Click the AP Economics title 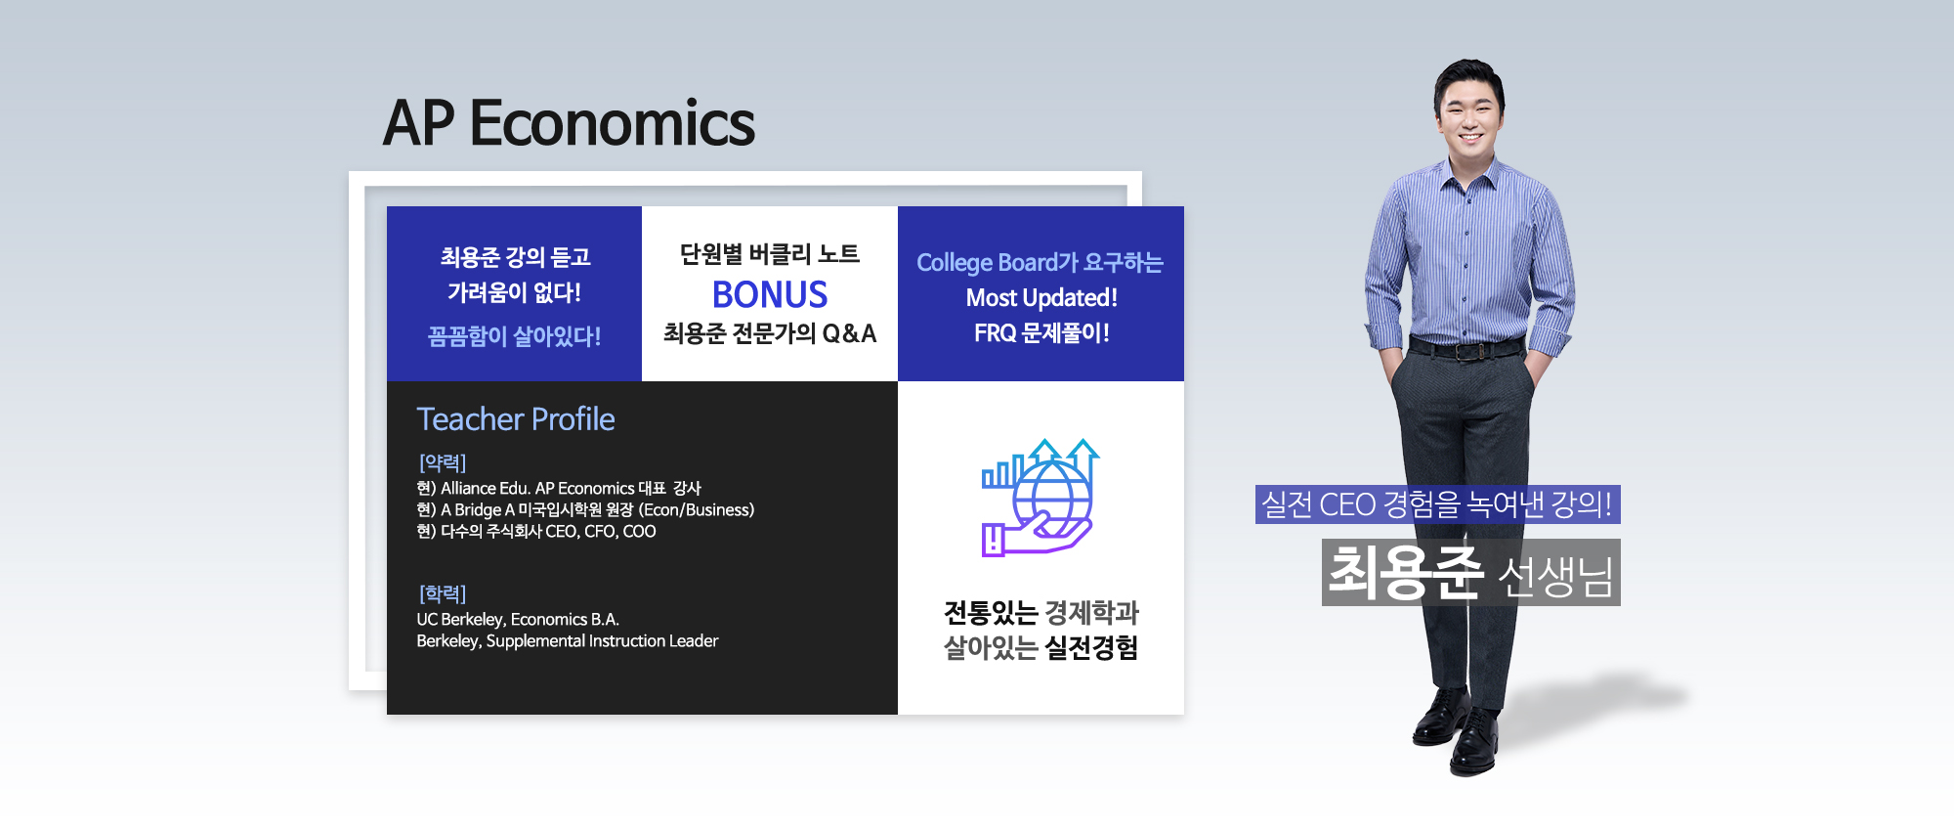[x=569, y=123]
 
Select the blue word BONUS [x=770, y=294]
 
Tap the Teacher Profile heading [x=516, y=419]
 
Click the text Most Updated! [x=1041, y=297]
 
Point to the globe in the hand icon [x=1051, y=496]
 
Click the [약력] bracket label [x=443, y=462]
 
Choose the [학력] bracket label [x=443, y=593]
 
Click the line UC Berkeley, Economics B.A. [x=518, y=619]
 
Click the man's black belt [x=1465, y=348]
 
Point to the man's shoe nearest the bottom [x=1472, y=746]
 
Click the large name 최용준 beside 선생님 [x=1406, y=572]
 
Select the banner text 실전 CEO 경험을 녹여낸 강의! [x=1437, y=504]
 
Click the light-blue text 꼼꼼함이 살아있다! [x=515, y=336]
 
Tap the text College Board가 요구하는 [x=1040, y=262]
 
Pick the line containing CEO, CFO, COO [x=536, y=531]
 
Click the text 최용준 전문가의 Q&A [x=770, y=333]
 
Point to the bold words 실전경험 [x=1091, y=647]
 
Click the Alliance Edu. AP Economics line [x=559, y=488]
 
